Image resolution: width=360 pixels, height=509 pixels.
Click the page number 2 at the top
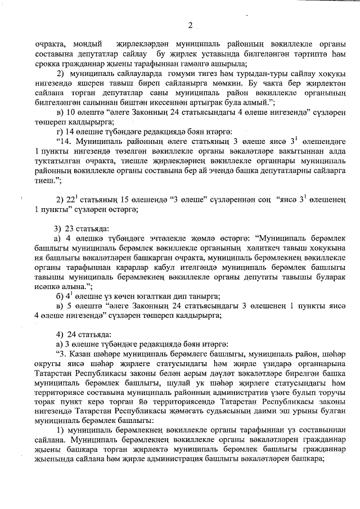[x=190, y=25]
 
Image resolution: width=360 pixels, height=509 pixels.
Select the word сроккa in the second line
[x=49, y=64]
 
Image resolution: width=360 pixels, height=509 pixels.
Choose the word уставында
[x=215, y=53]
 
